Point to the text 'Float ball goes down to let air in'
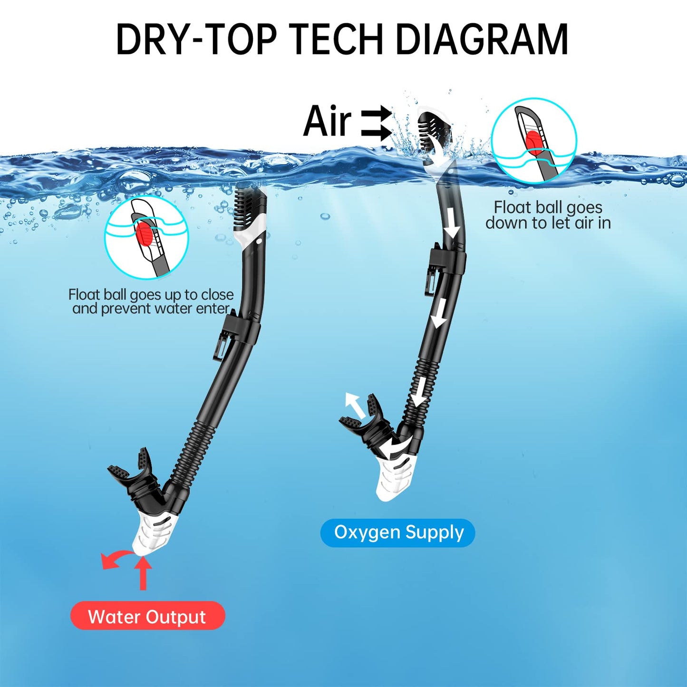[x=548, y=215]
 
